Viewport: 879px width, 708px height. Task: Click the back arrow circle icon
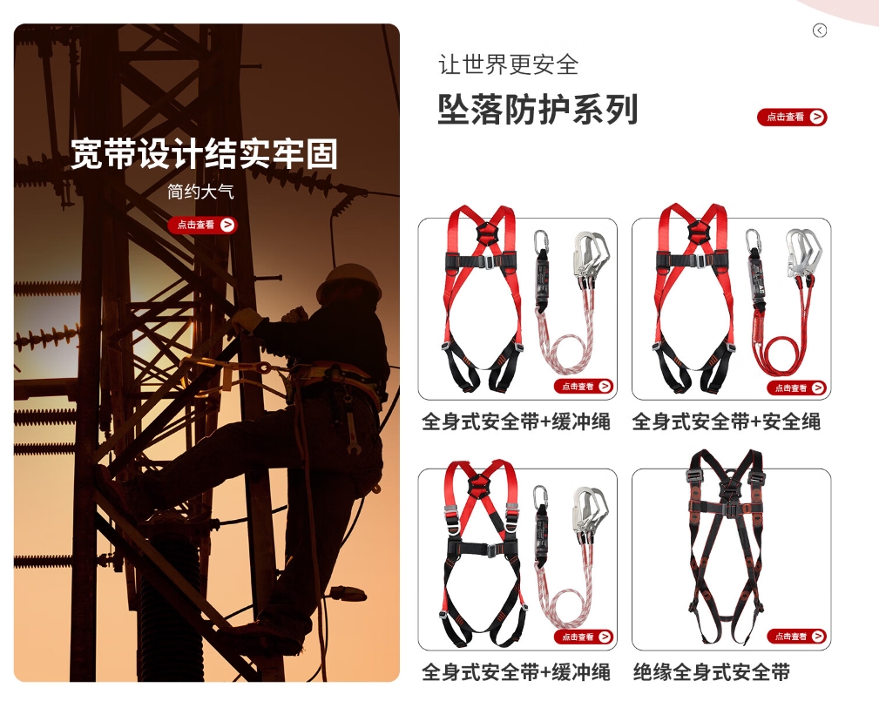tap(820, 30)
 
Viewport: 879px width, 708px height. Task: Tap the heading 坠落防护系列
tap(538, 110)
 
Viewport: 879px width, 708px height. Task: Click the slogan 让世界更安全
tap(508, 64)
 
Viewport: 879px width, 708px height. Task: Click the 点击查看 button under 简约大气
tap(202, 225)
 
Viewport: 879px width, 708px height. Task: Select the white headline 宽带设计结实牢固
tap(204, 154)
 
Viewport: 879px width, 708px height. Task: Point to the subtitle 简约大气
tap(200, 192)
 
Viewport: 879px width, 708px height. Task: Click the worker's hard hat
tap(348, 282)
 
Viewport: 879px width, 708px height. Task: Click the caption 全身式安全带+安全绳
tap(726, 421)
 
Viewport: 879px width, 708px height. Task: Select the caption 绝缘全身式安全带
tap(712, 671)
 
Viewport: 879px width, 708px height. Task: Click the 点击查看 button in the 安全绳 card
tap(796, 388)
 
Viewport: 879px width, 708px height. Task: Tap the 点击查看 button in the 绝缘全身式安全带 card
tap(796, 637)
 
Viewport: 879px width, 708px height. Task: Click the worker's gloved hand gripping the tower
tap(246, 320)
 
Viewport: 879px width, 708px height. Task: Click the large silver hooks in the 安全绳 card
tap(803, 253)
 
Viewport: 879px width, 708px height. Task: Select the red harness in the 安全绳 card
tap(694, 297)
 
